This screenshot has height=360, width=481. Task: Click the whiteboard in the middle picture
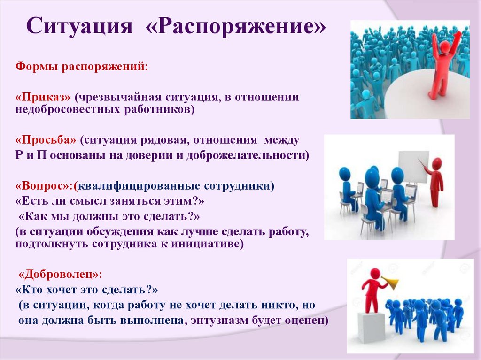click(x=412, y=167)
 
